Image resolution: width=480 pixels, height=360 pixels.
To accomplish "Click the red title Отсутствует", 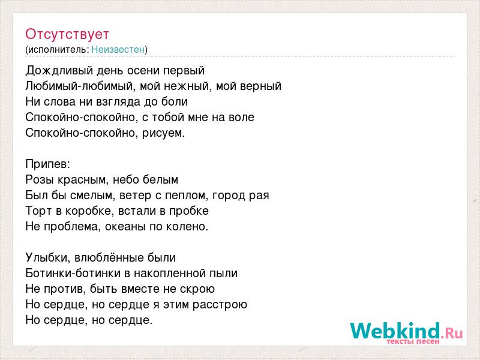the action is click(x=67, y=34).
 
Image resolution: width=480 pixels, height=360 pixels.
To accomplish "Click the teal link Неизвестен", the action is click(x=118, y=49).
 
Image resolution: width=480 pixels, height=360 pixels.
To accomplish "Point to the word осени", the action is click(x=143, y=70).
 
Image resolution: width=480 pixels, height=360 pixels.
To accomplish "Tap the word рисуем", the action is click(x=163, y=133).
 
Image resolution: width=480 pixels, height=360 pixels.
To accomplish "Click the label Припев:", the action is click(x=48, y=164).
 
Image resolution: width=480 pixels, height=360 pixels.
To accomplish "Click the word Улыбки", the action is click(x=48, y=257).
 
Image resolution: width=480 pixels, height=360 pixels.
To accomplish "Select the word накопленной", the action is click(x=170, y=274).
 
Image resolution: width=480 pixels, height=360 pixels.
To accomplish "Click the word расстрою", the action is click(x=220, y=305).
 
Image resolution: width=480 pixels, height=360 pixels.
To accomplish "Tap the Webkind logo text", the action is click(x=395, y=331).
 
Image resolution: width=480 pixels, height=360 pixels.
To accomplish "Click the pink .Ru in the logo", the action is click(x=452, y=333).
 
